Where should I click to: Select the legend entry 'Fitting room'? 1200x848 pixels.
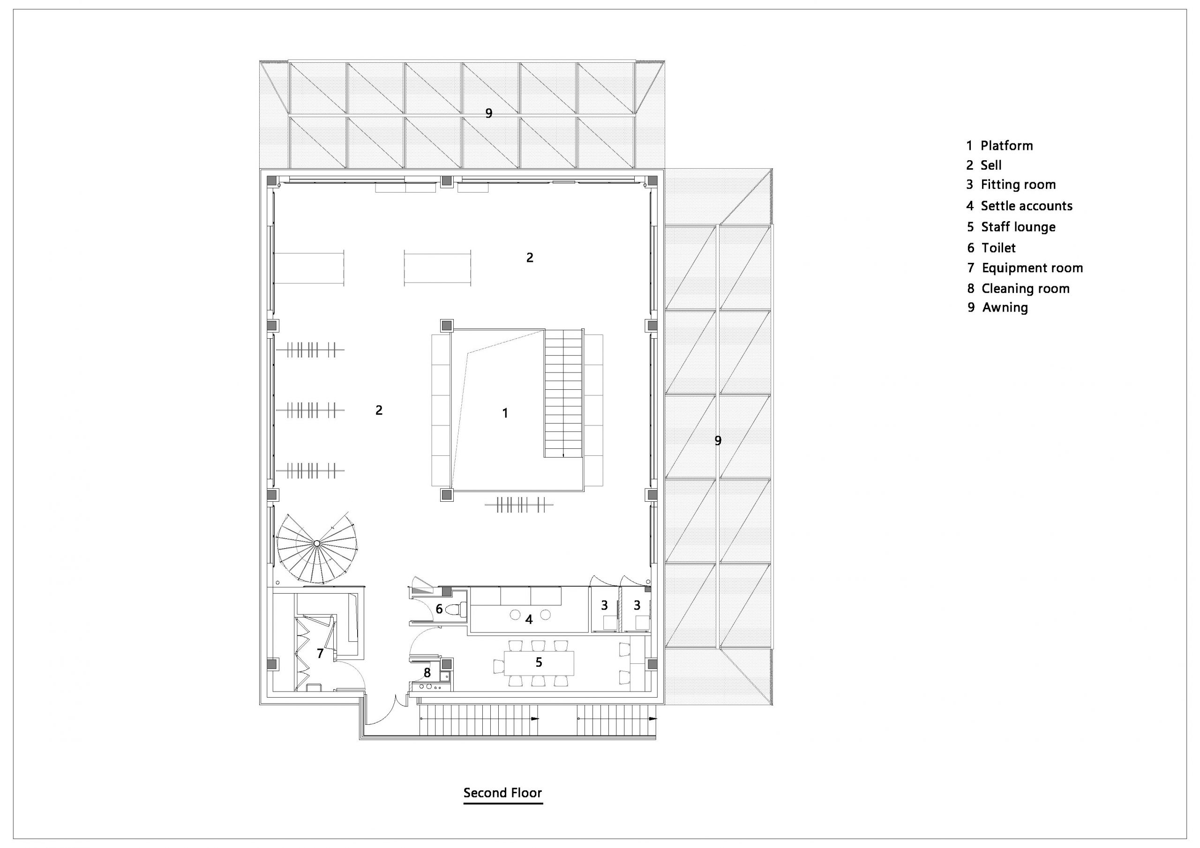pos(1011,185)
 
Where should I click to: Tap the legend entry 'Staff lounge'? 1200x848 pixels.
pos(1011,227)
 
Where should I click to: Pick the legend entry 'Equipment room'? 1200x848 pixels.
pos(1025,268)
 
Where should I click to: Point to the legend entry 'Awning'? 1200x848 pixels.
pos(997,307)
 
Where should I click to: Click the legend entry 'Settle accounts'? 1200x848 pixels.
pos(1019,206)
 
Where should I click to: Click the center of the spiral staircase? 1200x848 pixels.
pos(317,544)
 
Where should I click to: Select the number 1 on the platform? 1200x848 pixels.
pos(505,413)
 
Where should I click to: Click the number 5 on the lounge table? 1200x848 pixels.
pos(539,662)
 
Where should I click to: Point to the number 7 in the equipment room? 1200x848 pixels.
pos(320,653)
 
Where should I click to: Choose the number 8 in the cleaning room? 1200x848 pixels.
pos(427,673)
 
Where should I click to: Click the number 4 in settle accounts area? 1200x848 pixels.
pos(529,620)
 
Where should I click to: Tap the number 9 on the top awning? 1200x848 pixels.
pos(489,113)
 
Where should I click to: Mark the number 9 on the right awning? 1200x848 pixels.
pos(718,440)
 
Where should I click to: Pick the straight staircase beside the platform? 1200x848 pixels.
pos(564,394)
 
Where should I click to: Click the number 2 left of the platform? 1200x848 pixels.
pos(379,410)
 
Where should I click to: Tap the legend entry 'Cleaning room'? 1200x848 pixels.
pos(1018,289)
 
